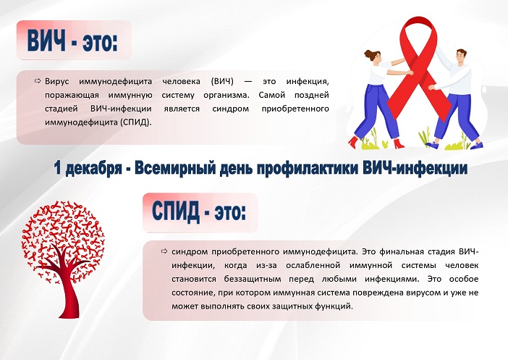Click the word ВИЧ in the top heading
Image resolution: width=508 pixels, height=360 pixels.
[x=46, y=41]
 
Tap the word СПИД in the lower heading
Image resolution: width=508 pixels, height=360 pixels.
[x=176, y=211]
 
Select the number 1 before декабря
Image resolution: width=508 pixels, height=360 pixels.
[x=58, y=168]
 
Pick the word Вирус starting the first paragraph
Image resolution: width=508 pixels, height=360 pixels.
[x=57, y=81]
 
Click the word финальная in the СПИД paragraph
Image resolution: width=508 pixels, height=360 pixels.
[x=402, y=251]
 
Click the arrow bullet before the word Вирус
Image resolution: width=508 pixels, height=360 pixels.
[x=38, y=80]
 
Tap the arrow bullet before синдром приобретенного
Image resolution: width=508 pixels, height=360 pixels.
[x=164, y=251]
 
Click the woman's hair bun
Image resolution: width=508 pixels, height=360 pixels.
[x=368, y=54]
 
